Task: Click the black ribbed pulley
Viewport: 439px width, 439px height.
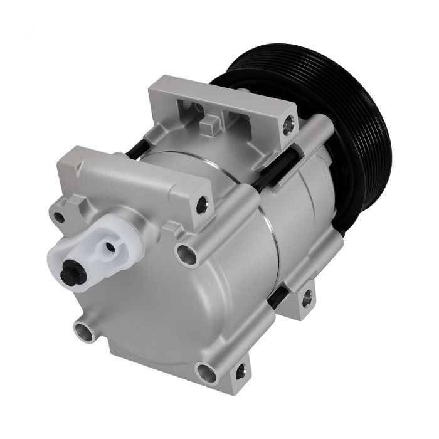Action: pos(351,125)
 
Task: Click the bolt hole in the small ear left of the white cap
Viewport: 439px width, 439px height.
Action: pos(59,218)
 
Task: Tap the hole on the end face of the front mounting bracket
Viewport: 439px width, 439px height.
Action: pos(201,204)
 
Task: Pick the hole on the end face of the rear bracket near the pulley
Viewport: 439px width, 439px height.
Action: pos(288,126)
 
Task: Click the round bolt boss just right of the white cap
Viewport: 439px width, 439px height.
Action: pos(186,253)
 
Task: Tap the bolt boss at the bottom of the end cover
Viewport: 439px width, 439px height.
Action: pos(205,372)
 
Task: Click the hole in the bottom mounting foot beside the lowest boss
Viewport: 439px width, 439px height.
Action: pos(239,375)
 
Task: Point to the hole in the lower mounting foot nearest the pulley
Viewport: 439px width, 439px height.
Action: pos(305,299)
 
